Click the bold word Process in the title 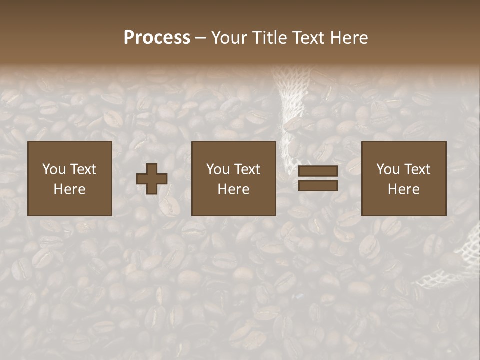[157, 38]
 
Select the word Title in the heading [270, 38]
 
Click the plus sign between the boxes [152, 179]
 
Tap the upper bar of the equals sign [318, 171]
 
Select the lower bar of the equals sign [318, 186]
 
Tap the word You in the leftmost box [54, 169]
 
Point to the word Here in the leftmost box [69, 189]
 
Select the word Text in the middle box [248, 169]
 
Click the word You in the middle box [218, 169]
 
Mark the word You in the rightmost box [388, 169]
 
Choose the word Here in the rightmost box [403, 189]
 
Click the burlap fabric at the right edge [465, 260]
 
